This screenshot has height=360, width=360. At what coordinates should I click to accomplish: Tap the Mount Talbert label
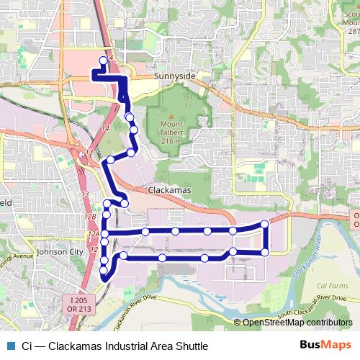coord(171,129)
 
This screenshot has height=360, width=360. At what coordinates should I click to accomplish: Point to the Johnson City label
coord(59,252)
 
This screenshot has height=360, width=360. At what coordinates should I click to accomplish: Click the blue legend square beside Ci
coord(9,346)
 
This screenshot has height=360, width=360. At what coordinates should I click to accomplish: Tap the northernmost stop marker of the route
coord(102,61)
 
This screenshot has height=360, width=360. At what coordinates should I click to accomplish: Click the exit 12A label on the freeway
coord(92,234)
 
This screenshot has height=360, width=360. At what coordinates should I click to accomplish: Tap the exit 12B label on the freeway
coord(90,216)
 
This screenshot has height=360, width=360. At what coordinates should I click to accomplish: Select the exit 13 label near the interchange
coord(85,194)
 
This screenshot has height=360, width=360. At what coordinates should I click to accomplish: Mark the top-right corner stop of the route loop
coord(264,225)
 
